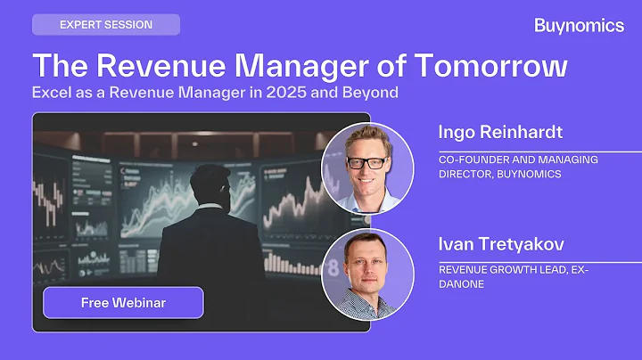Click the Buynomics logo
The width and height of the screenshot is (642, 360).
tap(579, 26)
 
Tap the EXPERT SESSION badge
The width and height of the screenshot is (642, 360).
tap(106, 25)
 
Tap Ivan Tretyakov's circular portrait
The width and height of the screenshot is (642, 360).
tap(366, 274)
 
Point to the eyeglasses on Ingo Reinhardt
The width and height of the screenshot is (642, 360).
tap(366, 162)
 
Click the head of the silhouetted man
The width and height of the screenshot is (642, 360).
tap(208, 185)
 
